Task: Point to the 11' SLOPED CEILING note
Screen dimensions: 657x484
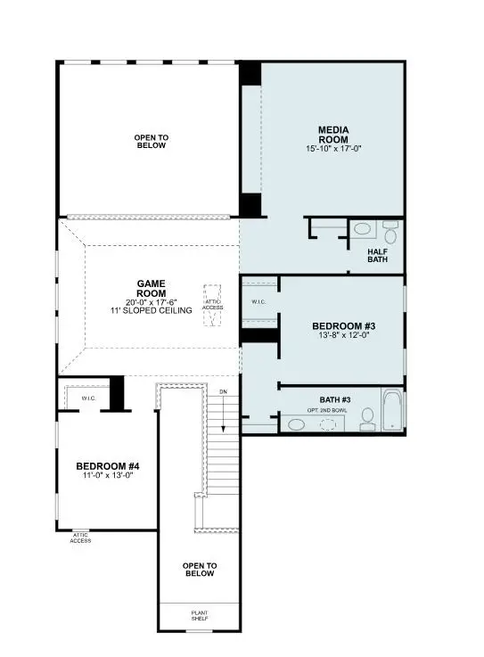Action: (x=151, y=310)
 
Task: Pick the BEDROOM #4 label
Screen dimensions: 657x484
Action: (x=107, y=466)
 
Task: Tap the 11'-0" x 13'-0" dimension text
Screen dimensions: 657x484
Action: (x=107, y=477)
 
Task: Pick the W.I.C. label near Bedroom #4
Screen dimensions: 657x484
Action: (x=88, y=398)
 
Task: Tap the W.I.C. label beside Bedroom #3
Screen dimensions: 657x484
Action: (x=259, y=301)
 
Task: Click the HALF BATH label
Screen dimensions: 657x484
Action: (x=378, y=257)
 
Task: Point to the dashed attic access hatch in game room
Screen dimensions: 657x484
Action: (x=213, y=306)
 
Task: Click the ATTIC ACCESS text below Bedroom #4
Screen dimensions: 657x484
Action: (x=80, y=538)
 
